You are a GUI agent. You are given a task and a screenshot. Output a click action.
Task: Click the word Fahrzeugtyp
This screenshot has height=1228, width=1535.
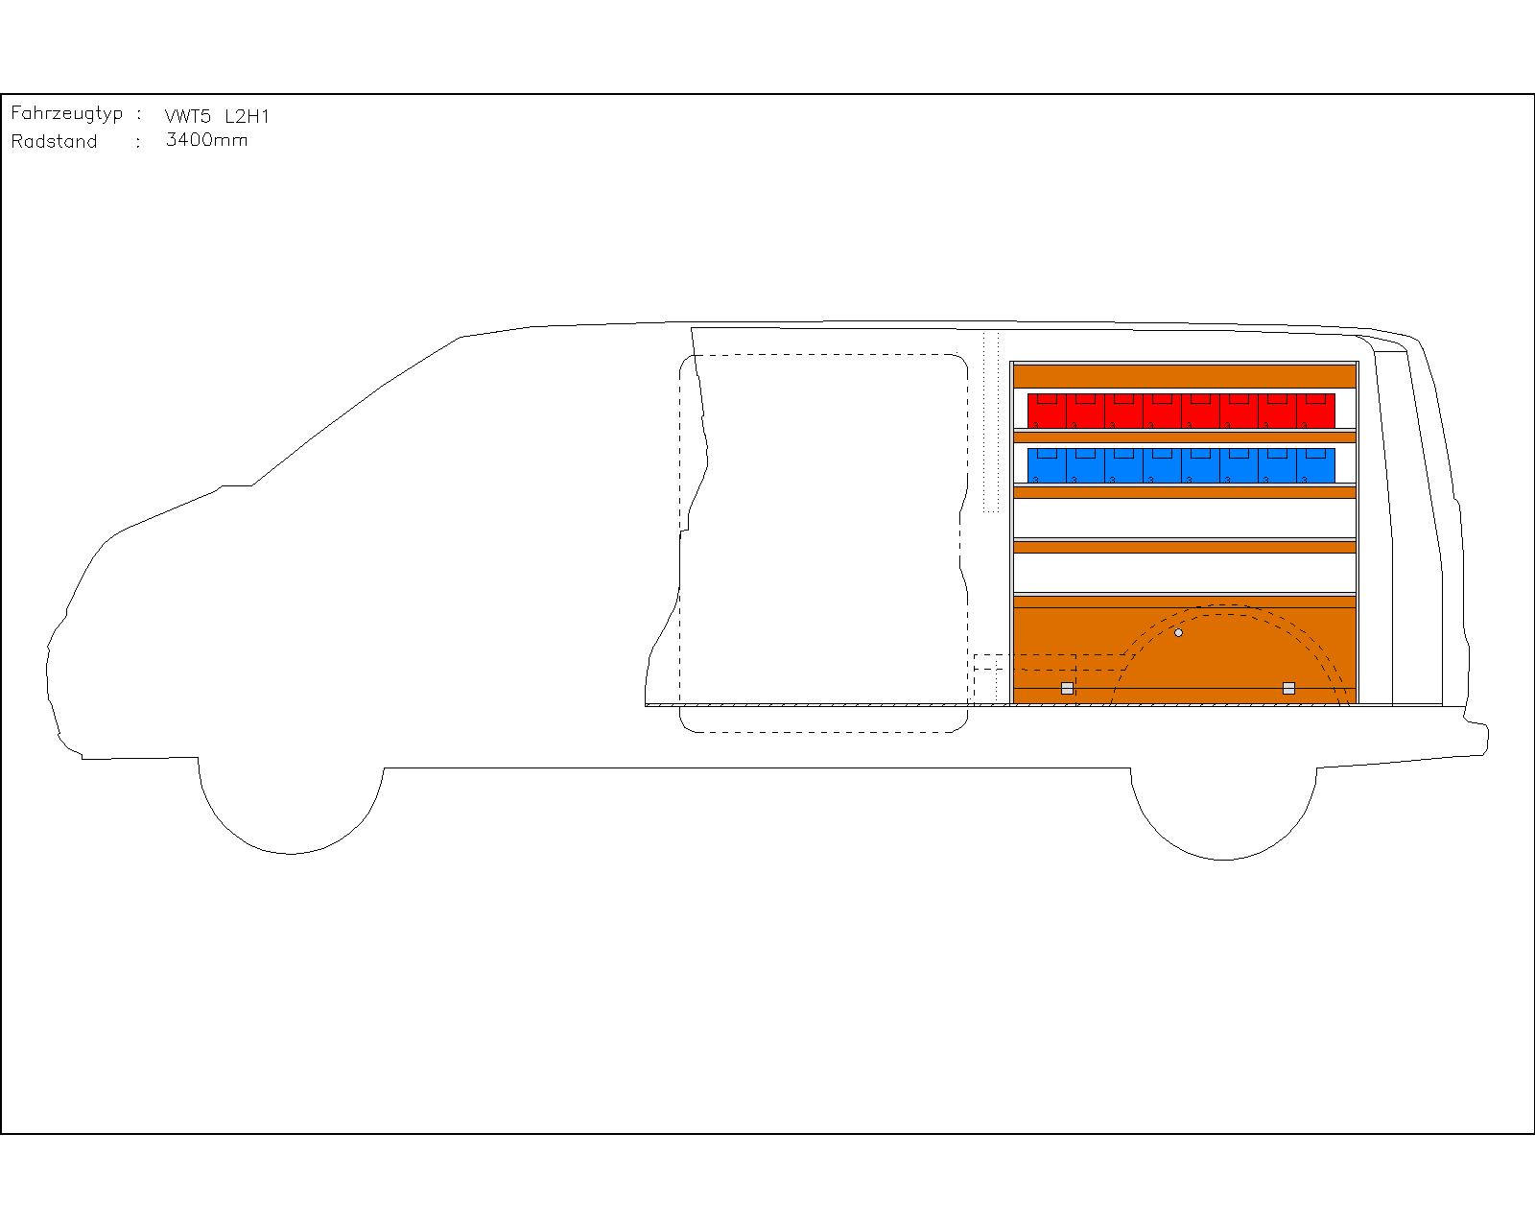coord(66,114)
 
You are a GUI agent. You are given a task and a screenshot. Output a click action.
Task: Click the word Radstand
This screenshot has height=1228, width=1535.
coord(55,141)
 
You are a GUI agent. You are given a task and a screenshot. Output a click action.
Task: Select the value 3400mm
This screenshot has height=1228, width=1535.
coord(207,140)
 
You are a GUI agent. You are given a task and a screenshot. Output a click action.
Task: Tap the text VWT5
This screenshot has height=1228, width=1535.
coord(188,116)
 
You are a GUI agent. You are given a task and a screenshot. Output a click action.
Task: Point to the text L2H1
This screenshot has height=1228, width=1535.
coord(247,116)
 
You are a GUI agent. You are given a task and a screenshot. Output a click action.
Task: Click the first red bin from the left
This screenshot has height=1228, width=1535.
coord(1047,411)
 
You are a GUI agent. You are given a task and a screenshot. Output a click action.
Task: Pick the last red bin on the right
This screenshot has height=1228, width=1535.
coord(1315,411)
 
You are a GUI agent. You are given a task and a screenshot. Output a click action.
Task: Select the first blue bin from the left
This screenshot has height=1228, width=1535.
coord(1047,465)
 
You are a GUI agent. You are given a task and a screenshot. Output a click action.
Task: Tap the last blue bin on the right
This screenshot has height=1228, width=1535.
coord(1315,465)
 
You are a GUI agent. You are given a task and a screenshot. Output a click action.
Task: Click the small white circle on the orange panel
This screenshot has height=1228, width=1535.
coord(1178,632)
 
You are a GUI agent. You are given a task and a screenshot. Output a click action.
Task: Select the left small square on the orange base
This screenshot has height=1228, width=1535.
coord(1067,688)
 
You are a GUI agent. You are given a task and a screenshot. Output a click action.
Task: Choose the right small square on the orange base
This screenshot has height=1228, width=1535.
coord(1288,688)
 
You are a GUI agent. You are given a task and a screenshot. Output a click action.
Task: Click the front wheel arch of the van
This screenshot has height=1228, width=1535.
coord(291,853)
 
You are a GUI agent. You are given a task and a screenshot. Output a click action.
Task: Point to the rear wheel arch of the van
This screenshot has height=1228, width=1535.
coord(1223,859)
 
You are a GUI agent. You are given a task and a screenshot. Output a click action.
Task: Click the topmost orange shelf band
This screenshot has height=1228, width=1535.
coord(1185,376)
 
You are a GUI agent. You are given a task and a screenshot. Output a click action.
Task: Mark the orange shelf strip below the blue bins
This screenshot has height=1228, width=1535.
coord(1185,492)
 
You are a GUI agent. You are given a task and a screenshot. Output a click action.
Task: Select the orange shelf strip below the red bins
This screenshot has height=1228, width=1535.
coord(1185,437)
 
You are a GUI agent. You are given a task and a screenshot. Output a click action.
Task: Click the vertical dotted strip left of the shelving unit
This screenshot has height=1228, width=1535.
coord(991,422)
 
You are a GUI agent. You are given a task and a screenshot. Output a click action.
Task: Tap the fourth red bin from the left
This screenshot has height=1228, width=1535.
coord(1162,411)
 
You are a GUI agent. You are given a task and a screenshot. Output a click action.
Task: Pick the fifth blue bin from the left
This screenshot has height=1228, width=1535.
coord(1200,465)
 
